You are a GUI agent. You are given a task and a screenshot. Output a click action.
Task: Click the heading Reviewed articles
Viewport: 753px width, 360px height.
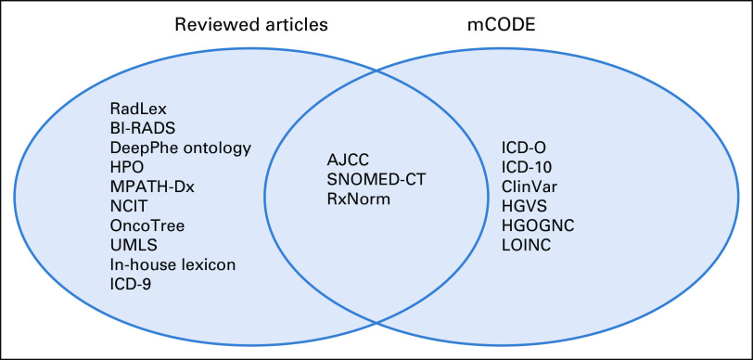(251, 24)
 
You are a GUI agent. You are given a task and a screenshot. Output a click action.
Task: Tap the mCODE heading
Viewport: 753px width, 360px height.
(501, 24)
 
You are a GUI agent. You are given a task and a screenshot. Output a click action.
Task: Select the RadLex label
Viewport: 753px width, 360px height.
(138, 109)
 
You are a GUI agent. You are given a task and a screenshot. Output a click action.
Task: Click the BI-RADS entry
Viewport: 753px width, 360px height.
(143, 129)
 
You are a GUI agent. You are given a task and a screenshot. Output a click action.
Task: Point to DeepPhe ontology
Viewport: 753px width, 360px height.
(181, 149)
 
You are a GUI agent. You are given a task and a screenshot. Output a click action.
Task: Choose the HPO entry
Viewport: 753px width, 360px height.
(127, 167)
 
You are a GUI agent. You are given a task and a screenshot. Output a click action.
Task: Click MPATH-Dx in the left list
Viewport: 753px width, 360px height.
(152, 187)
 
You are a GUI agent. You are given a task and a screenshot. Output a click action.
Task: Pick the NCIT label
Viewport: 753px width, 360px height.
(129, 206)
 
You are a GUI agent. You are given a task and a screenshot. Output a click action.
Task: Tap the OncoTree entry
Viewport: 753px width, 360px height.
(147, 225)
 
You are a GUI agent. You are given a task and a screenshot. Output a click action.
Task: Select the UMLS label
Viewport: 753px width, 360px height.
(134, 245)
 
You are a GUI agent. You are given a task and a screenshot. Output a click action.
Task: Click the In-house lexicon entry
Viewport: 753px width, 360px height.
(172, 264)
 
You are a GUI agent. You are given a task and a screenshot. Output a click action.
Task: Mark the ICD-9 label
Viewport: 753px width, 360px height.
(131, 284)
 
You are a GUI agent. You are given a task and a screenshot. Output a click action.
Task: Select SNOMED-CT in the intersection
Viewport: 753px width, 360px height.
(377, 179)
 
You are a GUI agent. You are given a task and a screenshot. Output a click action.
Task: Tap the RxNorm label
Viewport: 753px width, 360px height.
(358, 198)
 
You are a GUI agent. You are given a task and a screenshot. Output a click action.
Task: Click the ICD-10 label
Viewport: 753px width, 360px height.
(527, 167)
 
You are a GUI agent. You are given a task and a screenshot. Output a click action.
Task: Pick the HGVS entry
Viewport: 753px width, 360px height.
(524, 206)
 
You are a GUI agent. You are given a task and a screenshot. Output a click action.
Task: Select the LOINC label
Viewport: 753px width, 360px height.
(527, 245)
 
